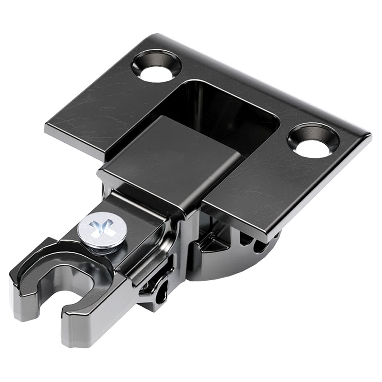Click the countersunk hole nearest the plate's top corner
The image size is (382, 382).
156,67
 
